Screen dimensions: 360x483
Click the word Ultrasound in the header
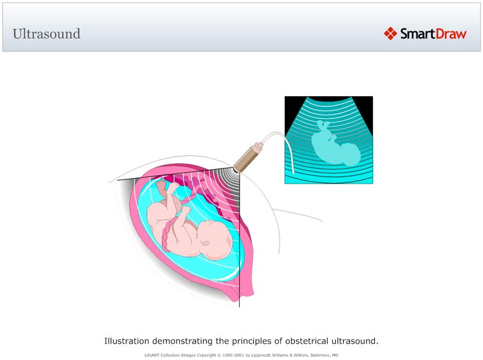[x=46, y=34]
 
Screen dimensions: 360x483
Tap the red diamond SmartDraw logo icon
[x=391, y=34]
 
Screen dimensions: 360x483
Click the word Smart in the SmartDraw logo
[x=416, y=34]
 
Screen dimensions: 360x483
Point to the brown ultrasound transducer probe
[x=247, y=156]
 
